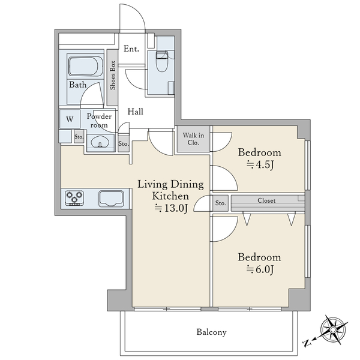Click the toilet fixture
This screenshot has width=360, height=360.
[x=162, y=61]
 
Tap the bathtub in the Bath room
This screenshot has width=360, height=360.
[x=86, y=66]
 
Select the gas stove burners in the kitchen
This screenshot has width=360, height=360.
[x=74, y=198]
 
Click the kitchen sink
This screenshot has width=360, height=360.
[x=111, y=199]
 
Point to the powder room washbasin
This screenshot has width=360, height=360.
[x=100, y=143]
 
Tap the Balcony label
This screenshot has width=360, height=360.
[x=211, y=332]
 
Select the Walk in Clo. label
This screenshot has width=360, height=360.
[x=193, y=139]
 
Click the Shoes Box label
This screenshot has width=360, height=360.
[x=113, y=75]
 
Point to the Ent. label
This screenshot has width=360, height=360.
[x=131, y=49]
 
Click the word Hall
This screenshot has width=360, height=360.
[x=135, y=112]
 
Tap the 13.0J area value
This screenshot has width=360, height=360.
[x=171, y=208]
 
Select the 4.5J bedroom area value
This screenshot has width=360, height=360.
[x=260, y=164]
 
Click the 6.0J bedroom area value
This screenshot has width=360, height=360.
[x=260, y=269]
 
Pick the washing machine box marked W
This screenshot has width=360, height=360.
[x=70, y=119]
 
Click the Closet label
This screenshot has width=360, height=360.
[x=266, y=200]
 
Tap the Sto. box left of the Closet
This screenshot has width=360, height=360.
[x=220, y=203]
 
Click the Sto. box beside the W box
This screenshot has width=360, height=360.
[x=79, y=137]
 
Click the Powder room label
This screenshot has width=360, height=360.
[x=99, y=121]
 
